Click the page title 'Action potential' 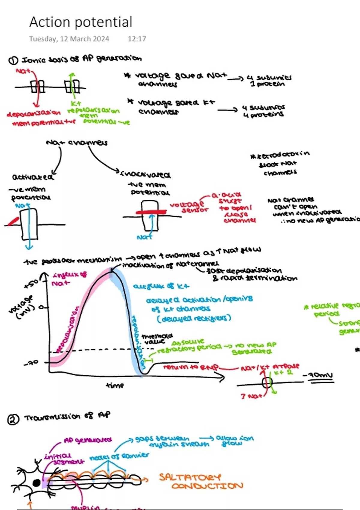81,22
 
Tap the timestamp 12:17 137,39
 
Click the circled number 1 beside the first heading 13,61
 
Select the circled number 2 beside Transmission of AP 13,419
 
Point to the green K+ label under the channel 76,103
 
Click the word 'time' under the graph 115,385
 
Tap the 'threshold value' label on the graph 157,339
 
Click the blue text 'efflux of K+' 161,286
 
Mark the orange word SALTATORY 190,477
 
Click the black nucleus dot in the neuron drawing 37,483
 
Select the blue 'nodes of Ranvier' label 119,456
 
